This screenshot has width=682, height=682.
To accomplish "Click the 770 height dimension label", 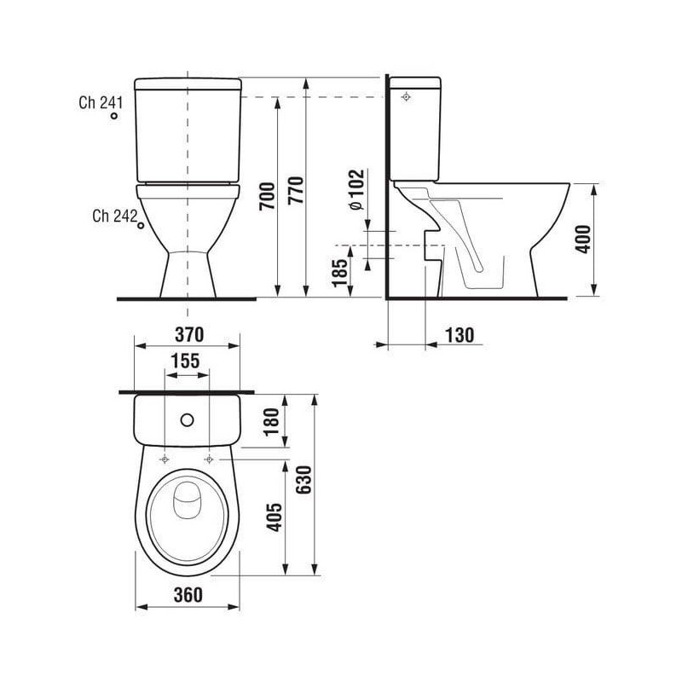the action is coord(296,190).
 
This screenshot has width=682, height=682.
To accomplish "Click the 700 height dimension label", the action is coord(268,197).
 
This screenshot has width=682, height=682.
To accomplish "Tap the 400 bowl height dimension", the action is coord(583,239).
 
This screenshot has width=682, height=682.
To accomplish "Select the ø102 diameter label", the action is coord(356,189).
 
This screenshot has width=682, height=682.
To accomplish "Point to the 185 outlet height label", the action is coord(340,273).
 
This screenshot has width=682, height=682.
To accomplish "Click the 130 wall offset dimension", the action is coord(459,335).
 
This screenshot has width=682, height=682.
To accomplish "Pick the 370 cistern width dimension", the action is coord(189,334).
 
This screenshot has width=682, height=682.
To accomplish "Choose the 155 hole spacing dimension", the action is coord(185,361).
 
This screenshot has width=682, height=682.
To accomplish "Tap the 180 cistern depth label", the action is coord(271,421).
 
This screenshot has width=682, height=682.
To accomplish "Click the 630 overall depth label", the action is coord(304,480).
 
